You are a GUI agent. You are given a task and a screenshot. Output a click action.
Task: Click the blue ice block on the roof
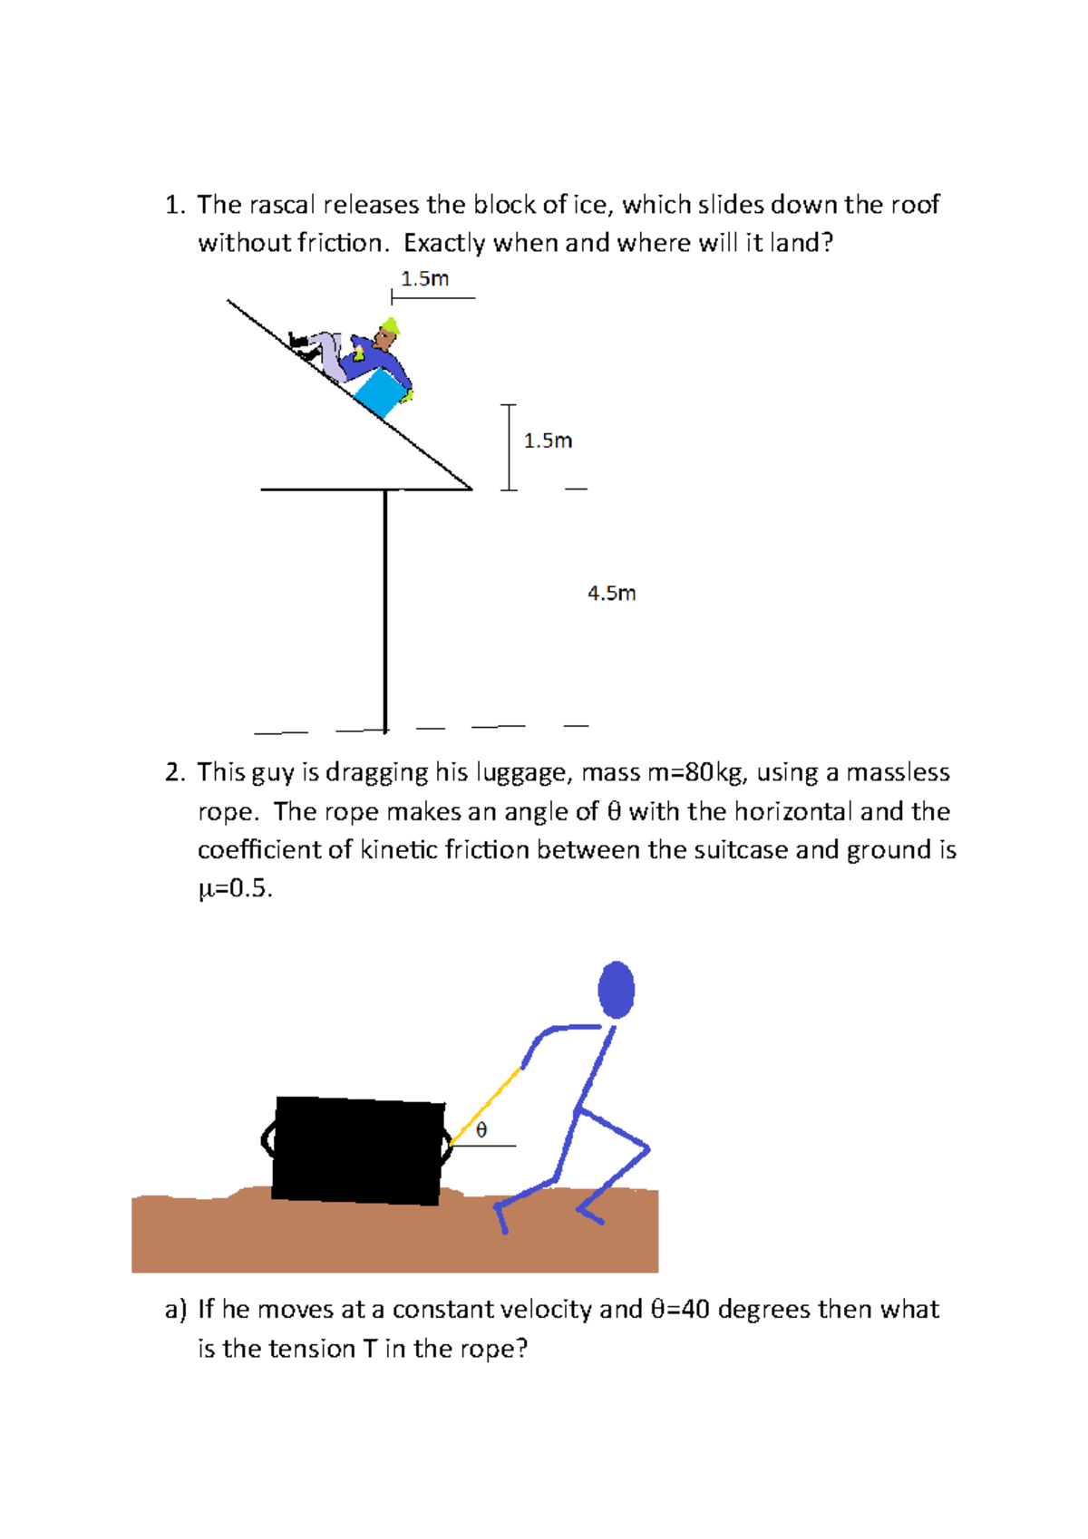(377, 394)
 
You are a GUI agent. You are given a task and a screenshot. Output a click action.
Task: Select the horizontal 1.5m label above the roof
(424, 278)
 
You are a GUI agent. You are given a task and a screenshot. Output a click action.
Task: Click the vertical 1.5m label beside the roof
(548, 440)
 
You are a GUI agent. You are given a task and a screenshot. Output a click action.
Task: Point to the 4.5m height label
(611, 593)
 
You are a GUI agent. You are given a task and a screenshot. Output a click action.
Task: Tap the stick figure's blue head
(617, 989)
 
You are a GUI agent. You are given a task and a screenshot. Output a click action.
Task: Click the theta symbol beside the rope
(481, 1129)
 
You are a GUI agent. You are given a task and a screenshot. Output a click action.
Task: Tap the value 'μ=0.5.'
(235, 888)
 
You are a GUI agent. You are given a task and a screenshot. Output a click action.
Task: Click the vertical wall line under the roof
(385, 607)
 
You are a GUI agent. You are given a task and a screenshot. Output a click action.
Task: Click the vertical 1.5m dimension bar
(509, 447)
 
